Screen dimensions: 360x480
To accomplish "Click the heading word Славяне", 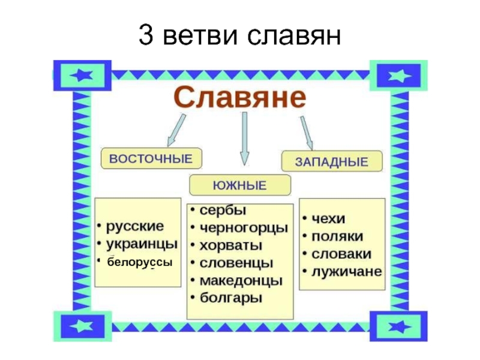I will [240, 97].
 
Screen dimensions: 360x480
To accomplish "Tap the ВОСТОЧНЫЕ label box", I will [151, 159].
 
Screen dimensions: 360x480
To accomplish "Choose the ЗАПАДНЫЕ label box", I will [332, 161].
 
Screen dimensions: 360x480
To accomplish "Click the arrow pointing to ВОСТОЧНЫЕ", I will [176, 130].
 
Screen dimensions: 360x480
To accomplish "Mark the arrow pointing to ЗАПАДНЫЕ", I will [307, 132].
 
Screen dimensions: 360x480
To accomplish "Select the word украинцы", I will [141, 244].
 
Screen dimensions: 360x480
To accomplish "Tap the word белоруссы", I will [140, 263].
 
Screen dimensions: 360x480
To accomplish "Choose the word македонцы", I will [241, 280].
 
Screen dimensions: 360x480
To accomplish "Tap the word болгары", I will [230, 298].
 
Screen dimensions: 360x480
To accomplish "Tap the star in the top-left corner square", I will [82, 75].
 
